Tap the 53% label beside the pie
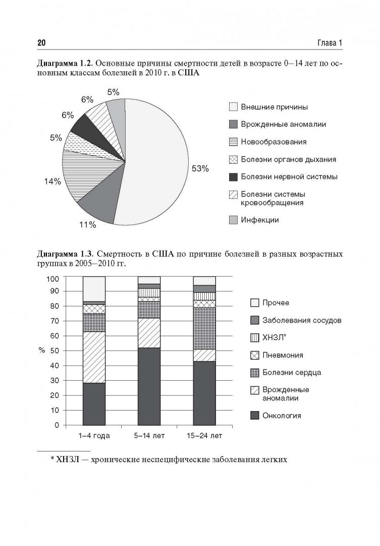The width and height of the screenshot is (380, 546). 200,169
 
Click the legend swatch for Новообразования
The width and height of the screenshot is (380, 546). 233,142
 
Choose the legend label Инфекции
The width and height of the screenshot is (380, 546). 259,220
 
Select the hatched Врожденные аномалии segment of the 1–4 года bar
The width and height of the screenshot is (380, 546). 94,357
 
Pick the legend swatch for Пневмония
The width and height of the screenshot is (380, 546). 255,355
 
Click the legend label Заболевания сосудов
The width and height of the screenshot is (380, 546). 298,320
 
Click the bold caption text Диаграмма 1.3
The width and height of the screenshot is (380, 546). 64,254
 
